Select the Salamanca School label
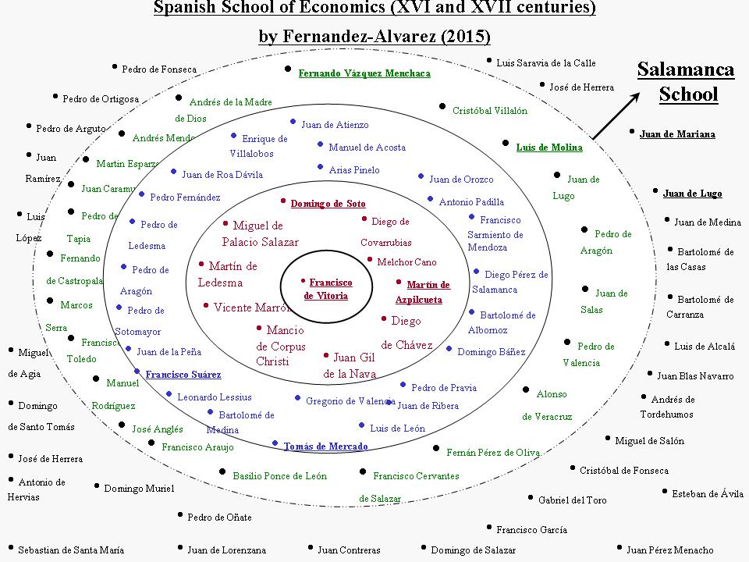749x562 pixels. coord(686,82)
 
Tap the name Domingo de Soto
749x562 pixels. coord(328,204)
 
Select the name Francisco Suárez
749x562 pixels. coord(183,375)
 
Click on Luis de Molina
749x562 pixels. coord(549,147)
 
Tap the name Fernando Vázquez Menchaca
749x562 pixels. coord(364,73)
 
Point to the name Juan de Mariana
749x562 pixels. coord(677,134)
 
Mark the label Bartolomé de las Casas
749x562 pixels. coord(699,259)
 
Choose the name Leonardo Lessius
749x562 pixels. coord(215,397)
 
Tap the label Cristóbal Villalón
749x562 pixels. coord(490,111)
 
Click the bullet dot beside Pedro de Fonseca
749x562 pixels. coord(114,68)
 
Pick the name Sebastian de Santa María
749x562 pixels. coord(71,550)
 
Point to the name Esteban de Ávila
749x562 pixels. coord(708,493)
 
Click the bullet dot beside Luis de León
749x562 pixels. coord(361,425)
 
